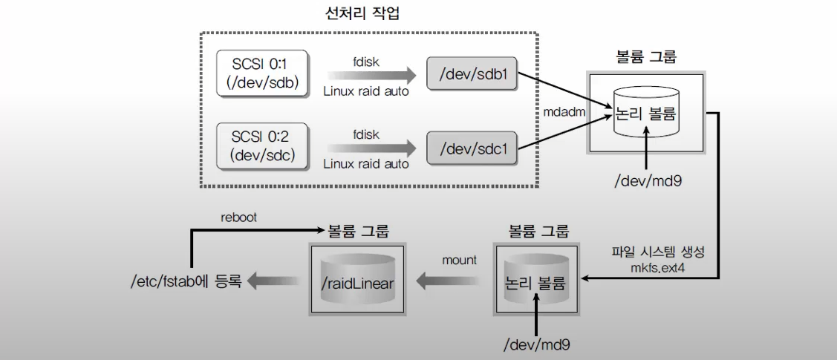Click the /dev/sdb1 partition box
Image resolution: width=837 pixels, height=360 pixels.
click(x=473, y=74)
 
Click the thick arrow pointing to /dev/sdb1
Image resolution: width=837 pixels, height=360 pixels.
click(x=371, y=74)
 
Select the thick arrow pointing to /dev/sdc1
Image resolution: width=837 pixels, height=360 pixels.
click(x=371, y=148)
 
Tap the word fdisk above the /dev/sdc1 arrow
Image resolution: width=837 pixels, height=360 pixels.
click(x=367, y=134)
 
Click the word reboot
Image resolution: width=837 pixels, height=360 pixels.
click(x=239, y=218)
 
